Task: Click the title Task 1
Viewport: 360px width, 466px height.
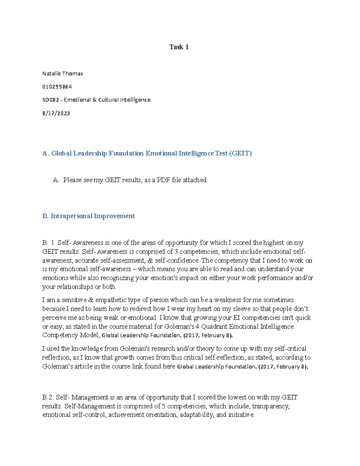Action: click(x=179, y=47)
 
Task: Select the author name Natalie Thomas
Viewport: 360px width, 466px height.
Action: click(x=62, y=74)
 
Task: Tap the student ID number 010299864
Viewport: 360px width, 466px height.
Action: click(x=57, y=87)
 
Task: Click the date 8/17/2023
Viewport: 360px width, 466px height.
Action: click(x=56, y=113)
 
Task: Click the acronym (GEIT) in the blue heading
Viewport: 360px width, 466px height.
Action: click(x=240, y=153)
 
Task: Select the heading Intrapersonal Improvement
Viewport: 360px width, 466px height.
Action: click(x=93, y=216)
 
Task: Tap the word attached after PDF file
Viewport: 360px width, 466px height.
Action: click(x=195, y=180)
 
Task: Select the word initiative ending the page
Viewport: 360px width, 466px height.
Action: click(x=241, y=415)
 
